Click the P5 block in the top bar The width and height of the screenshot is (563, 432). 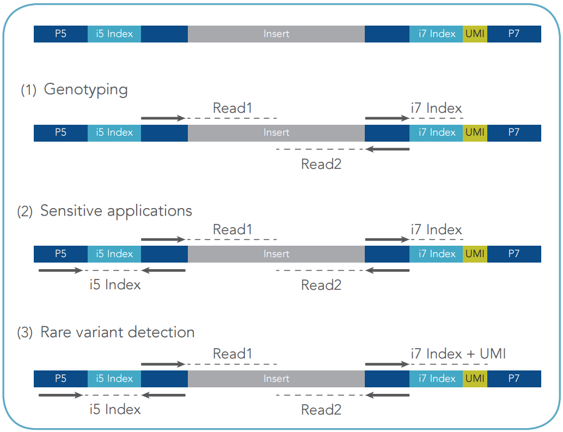(x=60, y=34)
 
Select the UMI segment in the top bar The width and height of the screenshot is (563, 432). (x=475, y=34)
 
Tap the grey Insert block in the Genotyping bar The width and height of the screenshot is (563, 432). (x=276, y=133)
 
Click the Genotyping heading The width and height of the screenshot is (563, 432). (x=85, y=90)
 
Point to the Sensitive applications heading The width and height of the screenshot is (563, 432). (x=116, y=211)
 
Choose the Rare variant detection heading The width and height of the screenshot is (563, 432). (x=118, y=332)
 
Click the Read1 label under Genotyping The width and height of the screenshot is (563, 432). (x=232, y=108)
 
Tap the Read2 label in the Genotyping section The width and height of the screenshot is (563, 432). (x=321, y=164)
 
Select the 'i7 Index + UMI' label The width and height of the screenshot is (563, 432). (x=458, y=354)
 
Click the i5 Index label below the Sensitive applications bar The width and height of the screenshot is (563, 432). (x=115, y=285)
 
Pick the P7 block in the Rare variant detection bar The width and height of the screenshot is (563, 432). (x=514, y=379)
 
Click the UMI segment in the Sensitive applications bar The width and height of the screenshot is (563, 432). (x=475, y=254)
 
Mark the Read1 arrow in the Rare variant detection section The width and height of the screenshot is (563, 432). (x=163, y=364)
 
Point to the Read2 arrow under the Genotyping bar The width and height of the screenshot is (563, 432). (x=388, y=149)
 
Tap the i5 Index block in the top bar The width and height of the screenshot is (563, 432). (x=114, y=34)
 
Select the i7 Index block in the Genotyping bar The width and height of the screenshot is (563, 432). (x=436, y=133)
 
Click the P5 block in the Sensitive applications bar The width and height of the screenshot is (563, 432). (x=60, y=254)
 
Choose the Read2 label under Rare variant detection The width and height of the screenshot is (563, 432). (x=321, y=410)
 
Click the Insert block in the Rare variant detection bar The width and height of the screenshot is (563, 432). (x=276, y=379)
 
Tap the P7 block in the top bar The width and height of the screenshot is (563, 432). (x=514, y=34)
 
